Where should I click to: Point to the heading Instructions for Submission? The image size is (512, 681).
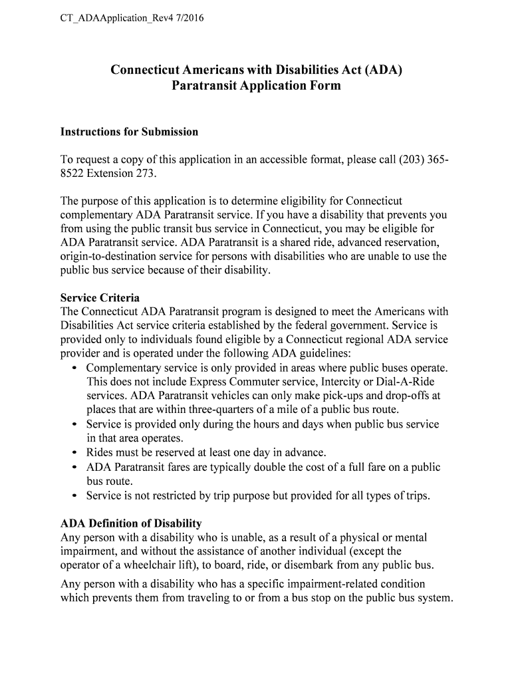129,132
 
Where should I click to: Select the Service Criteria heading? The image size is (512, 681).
100,298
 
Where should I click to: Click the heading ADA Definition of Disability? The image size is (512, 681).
131,523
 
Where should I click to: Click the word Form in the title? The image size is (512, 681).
324,86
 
